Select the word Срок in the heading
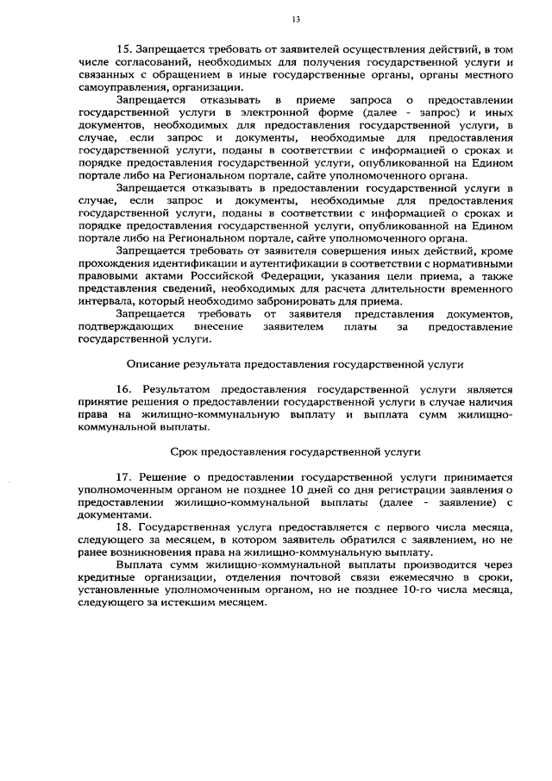coord(184,451)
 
